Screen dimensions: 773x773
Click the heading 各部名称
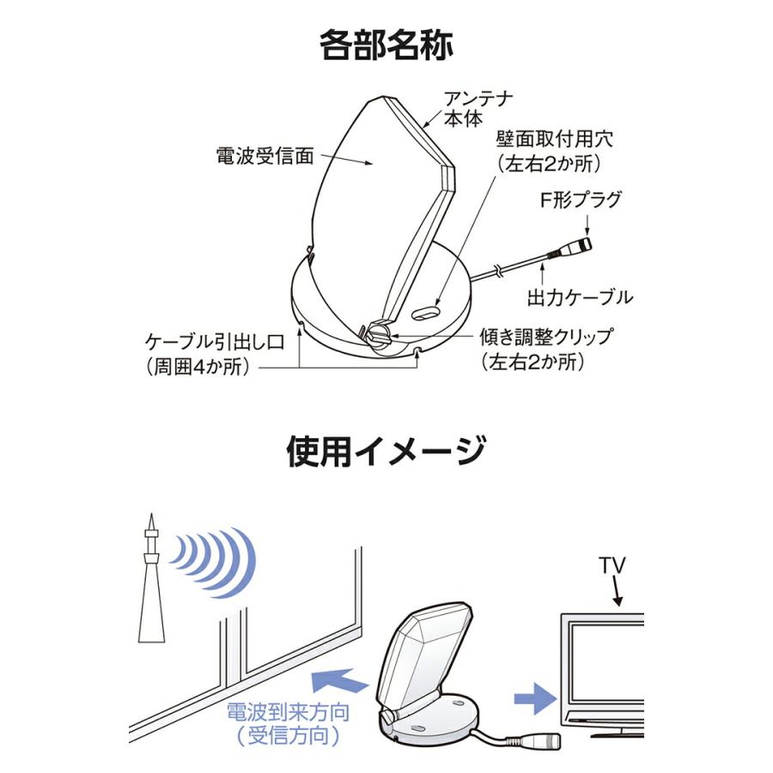point(386,44)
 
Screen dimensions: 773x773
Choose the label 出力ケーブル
point(580,297)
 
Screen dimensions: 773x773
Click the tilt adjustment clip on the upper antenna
point(378,334)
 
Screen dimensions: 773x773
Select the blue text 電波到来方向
point(288,713)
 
